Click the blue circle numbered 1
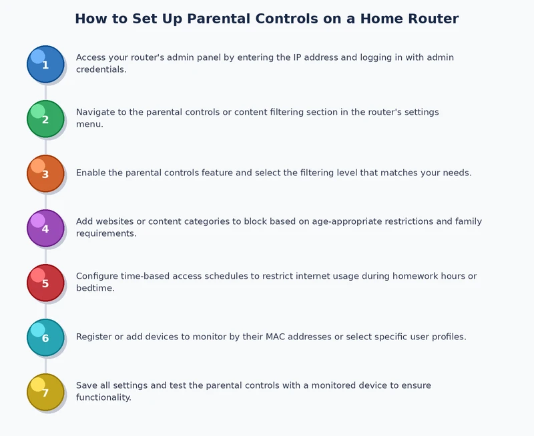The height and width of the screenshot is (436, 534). tap(45, 64)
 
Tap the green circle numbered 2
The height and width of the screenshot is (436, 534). tap(45, 119)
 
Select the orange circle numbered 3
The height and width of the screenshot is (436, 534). tap(45, 173)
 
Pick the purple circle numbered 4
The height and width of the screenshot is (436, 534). tap(45, 228)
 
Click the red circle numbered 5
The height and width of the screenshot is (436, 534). tap(45, 283)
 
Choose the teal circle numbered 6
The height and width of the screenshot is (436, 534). tap(45, 337)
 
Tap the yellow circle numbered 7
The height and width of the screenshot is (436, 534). tap(45, 392)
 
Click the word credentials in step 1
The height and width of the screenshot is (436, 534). tap(100, 69)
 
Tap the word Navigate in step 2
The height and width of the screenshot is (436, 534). tap(95, 112)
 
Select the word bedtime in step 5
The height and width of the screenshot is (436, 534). tap(94, 288)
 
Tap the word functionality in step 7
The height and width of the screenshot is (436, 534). tap(103, 397)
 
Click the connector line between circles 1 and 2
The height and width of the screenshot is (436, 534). tap(45, 91)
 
